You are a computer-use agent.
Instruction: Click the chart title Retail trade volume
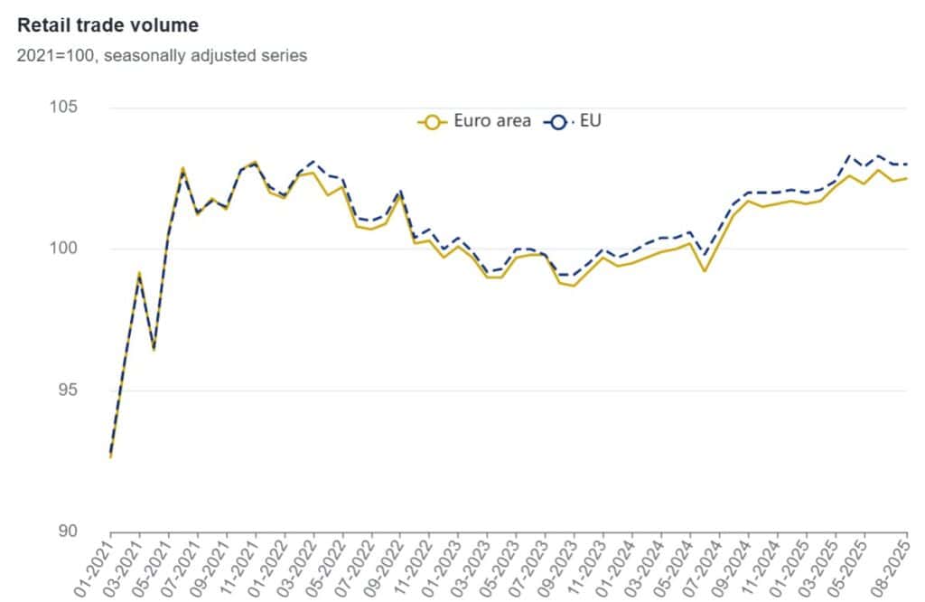(107, 24)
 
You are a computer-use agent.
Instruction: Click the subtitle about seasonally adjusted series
(162, 56)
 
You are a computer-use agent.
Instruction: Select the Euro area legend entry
(474, 121)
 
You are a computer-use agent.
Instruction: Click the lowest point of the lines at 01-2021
(110, 456)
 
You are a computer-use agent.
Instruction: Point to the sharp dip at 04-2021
(154, 350)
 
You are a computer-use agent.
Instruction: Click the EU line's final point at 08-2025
(907, 165)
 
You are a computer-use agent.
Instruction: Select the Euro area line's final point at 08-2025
(907, 178)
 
